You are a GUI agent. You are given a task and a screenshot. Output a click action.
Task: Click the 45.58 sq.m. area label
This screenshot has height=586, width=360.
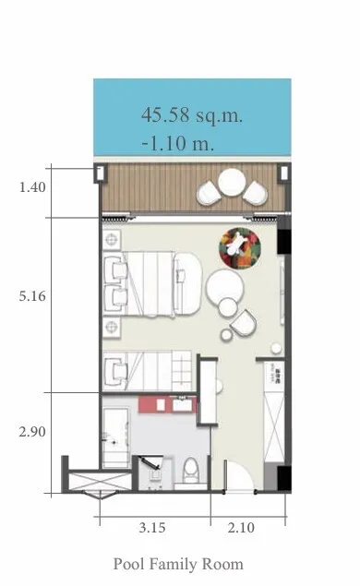[192, 114]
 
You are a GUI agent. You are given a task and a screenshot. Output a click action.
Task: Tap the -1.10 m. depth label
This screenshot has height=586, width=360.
[178, 143]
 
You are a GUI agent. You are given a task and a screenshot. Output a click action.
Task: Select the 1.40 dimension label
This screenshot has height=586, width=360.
[32, 186]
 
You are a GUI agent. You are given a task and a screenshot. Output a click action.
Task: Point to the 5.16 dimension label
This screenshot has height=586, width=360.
[32, 296]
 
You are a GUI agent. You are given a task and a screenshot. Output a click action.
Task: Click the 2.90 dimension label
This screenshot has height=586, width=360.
[32, 432]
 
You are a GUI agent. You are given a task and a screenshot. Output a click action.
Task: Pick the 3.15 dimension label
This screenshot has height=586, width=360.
[152, 528]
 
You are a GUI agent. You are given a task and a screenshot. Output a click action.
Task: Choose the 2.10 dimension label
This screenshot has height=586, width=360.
[241, 528]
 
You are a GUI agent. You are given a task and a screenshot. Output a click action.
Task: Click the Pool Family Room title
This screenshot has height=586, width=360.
[178, 564]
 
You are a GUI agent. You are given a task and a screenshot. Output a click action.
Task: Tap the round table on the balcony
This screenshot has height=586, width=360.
[232, 182]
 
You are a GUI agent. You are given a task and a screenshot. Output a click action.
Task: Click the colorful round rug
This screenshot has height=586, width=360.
[240, 248]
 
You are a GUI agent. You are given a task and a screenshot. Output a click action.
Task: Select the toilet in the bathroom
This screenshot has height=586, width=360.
[191, 470]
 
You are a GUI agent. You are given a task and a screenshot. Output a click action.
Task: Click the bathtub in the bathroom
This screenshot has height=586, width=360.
[116, 437]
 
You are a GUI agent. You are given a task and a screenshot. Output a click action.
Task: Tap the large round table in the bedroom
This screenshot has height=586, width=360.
[225, 287]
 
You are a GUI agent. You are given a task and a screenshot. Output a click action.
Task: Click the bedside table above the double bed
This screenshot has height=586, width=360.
[112, 239]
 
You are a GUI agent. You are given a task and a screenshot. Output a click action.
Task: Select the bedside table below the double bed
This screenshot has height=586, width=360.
[112, 327]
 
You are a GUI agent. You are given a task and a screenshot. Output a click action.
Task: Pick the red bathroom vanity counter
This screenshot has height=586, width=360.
[167, 405]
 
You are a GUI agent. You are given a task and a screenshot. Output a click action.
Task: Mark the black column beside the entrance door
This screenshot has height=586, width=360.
[284, 479]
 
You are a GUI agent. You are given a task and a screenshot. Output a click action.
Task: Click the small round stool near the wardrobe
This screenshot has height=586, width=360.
[276, 348]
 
